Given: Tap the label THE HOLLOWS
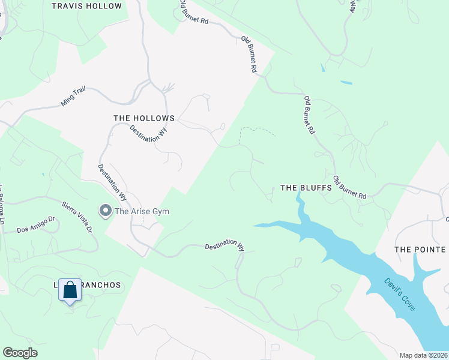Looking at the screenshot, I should [x=144, y=118].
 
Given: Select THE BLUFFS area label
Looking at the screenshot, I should [x=306, y=188].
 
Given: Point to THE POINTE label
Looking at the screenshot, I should [x=420, y=249].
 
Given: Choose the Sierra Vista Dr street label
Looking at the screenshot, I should [x=77, y=217].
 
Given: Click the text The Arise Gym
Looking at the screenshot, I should [x=142, y=211].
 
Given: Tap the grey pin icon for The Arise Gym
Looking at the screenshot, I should [x=106, y=211].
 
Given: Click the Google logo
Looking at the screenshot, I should [x=20, y=353].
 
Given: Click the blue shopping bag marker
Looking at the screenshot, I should [x=70, y=291].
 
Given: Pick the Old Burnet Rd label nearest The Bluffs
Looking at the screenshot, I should [x=349, y=188].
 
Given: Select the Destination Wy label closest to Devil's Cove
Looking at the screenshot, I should [x=225, y=246].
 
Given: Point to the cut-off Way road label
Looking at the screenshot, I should [x=353, y=6].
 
